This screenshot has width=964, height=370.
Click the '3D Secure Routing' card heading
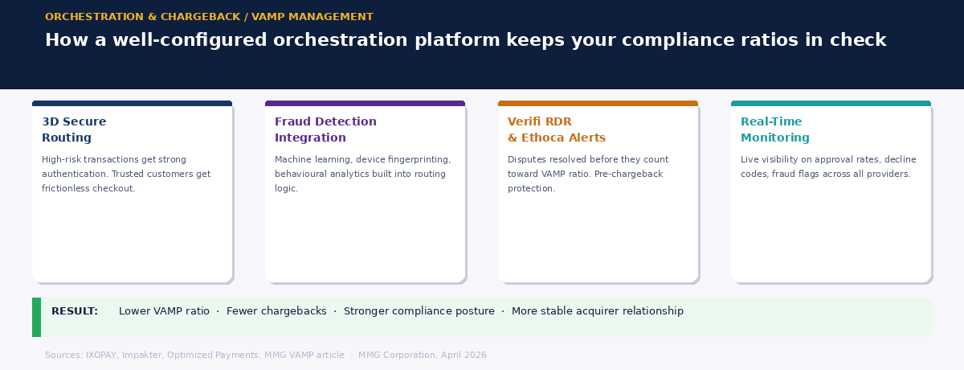click(74, 129)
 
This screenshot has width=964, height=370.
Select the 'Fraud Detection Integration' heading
click(325, 129)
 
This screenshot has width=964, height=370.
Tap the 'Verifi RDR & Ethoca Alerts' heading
click(556, 129)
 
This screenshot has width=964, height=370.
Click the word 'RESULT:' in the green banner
click(75, 311)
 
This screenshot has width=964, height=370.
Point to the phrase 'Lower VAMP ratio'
click(164, 311)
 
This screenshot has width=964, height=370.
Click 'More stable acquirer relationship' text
click(597, 311)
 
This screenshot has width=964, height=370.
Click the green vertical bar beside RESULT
click(36, 317)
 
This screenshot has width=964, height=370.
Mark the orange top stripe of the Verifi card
click(598, 104)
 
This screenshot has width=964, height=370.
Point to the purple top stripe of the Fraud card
click(365, 104)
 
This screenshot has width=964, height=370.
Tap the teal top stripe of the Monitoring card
click(831, 104)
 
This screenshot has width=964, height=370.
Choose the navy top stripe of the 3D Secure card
click(132, 104)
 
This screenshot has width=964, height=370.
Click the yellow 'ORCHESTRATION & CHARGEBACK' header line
click(209, 17)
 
